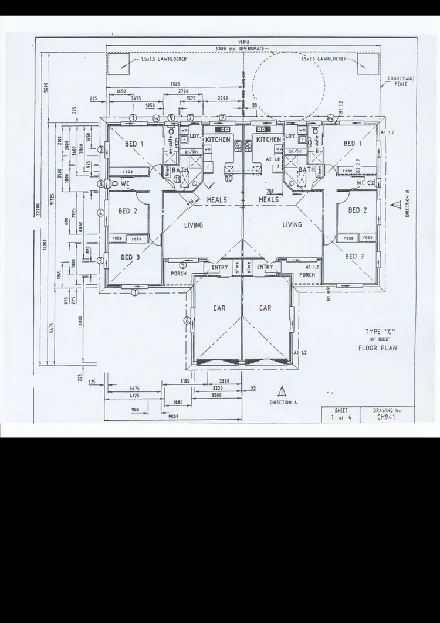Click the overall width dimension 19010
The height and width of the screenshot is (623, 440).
[x=244, y=43]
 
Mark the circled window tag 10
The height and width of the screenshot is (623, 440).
[x=229, y=178]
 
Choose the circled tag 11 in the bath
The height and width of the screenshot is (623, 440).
[x=178, y=180]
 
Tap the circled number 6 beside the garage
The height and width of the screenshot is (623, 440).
[x=187, y=320]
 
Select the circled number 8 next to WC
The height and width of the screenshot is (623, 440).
[x=101, y=183]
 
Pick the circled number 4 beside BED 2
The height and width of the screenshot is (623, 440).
[x=101, y=213]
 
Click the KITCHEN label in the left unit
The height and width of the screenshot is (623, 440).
[x=218, y=140]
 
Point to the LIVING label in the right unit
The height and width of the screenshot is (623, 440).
[x=292, y=224]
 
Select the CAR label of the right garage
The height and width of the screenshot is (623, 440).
[x=265, y=308]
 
